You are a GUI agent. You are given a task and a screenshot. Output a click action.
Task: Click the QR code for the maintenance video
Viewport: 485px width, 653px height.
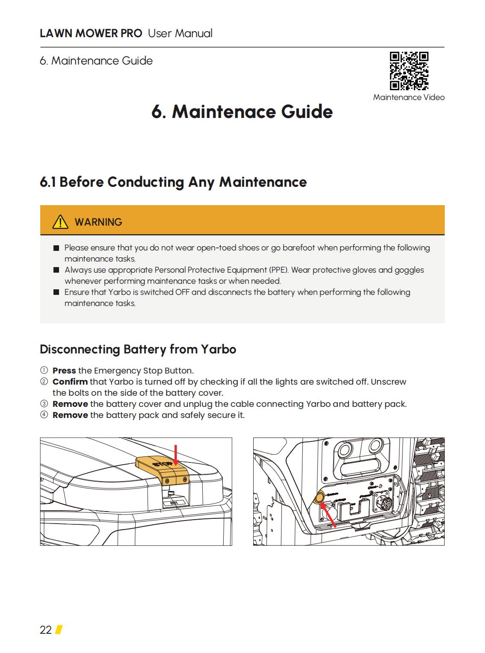[x=409, y=71]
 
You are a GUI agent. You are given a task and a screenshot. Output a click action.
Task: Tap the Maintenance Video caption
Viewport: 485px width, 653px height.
[x=408, y=97]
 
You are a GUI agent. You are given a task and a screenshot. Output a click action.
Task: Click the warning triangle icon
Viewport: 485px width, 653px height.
[x=60, y=222]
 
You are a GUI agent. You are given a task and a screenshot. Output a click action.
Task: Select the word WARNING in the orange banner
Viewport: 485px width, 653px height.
[x=98, y=222]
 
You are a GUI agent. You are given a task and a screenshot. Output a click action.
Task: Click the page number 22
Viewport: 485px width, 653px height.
[x=45, y=630]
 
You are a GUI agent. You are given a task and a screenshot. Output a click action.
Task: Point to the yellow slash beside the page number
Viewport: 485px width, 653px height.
[x=59, y=629]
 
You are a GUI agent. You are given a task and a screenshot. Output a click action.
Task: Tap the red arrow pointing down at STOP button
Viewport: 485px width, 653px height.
[x=175, y=456]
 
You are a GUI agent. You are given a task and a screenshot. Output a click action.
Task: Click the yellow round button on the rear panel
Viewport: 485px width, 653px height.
[x=319, y=499]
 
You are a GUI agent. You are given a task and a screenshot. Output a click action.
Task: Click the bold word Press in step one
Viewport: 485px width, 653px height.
[x=64, y=371]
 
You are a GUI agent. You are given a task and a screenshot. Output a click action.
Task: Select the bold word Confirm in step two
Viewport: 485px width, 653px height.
[x=70, y=382]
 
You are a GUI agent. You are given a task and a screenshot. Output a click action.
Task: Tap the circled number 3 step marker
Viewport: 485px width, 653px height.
[x=44, y=404]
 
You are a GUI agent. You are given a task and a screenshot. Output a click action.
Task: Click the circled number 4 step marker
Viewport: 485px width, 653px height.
[x=44, y=415]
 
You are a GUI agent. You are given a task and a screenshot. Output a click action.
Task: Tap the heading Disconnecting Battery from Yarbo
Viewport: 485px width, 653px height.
[x=138, y=349]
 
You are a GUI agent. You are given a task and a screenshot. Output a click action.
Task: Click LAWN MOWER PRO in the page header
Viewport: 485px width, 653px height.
[x=91, y=33]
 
